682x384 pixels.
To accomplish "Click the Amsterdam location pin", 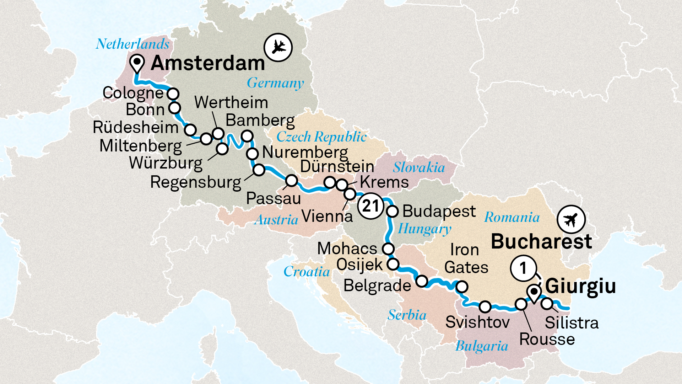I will [x=137, y=64].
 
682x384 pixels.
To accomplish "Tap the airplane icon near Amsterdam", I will [x=278, y=47].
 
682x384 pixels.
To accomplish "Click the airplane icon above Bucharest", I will [x=571, y=220].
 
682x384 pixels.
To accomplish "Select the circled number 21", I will [x=371, y=206].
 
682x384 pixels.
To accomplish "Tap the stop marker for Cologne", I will [x=173, y=94].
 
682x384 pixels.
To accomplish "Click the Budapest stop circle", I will [x=393, y=211].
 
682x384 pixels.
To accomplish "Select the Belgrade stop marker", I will [x=422, y=281].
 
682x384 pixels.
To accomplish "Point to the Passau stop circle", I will [x=292, y=181].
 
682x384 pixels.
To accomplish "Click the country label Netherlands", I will [x=132, y=44].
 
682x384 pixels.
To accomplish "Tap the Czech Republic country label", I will [x=321, y=137].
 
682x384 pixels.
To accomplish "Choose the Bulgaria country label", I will [x=482, y=346].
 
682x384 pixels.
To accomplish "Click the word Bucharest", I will [x=541, y=242].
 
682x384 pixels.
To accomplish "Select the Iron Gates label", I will [x=466, y=258].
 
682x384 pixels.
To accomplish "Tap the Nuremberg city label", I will [x=305, y=153].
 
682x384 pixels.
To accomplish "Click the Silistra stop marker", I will [x=547, y=304].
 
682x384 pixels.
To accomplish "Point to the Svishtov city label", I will [x=477, y=322].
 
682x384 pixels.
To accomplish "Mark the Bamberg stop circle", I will [x=247, y=136].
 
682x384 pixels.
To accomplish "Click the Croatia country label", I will [x=307, y=272].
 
